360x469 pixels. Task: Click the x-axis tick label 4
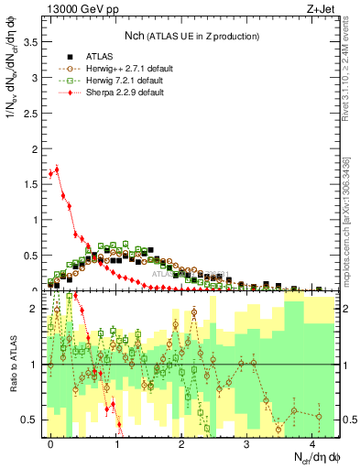pos(312,442)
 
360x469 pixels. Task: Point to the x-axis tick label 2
pos(181,442)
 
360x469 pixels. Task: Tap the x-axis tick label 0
pos(50,442)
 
